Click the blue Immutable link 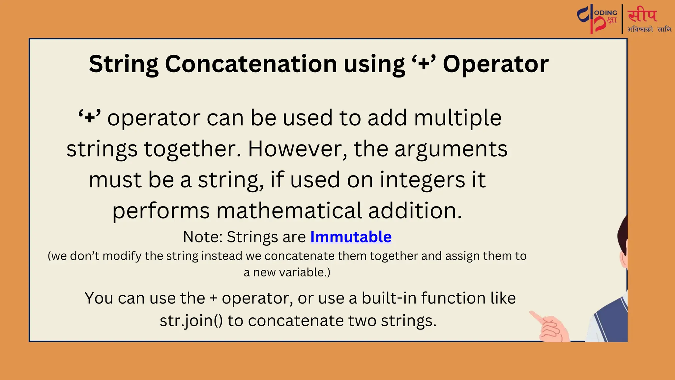pos(351,237)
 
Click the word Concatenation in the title pos(250,64)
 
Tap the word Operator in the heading pos(495,64)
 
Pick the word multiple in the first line pos(457,118)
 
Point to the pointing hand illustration pos(550,327)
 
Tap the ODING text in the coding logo pos(606,13)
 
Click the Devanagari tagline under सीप pos(649,29)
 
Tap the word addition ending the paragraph pos(415,211)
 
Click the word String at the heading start pos(124,64)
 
